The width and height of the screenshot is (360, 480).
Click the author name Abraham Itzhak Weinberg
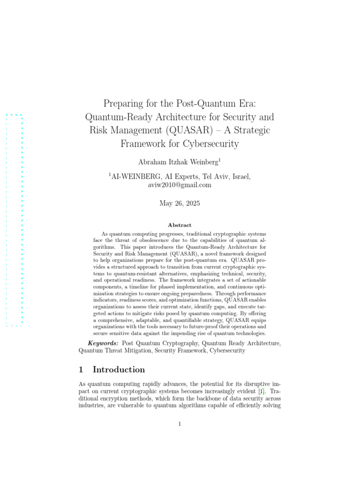(x=178, y=162)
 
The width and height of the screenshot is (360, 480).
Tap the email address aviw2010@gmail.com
(x=180, y=185)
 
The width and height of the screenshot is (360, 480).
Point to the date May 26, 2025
(x=180, y=203)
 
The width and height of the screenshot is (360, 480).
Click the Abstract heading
(x=180, y=225)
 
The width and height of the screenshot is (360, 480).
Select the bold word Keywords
(x=104, y=343)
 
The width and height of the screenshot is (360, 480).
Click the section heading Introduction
(x=119, y=369)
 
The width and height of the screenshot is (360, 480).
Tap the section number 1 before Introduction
(x=81, y=369)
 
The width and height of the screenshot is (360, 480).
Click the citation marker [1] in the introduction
(x=261, y=390)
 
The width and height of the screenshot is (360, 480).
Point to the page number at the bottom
(x=180, y=424)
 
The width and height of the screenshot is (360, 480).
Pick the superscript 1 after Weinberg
(x=219, y=160)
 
